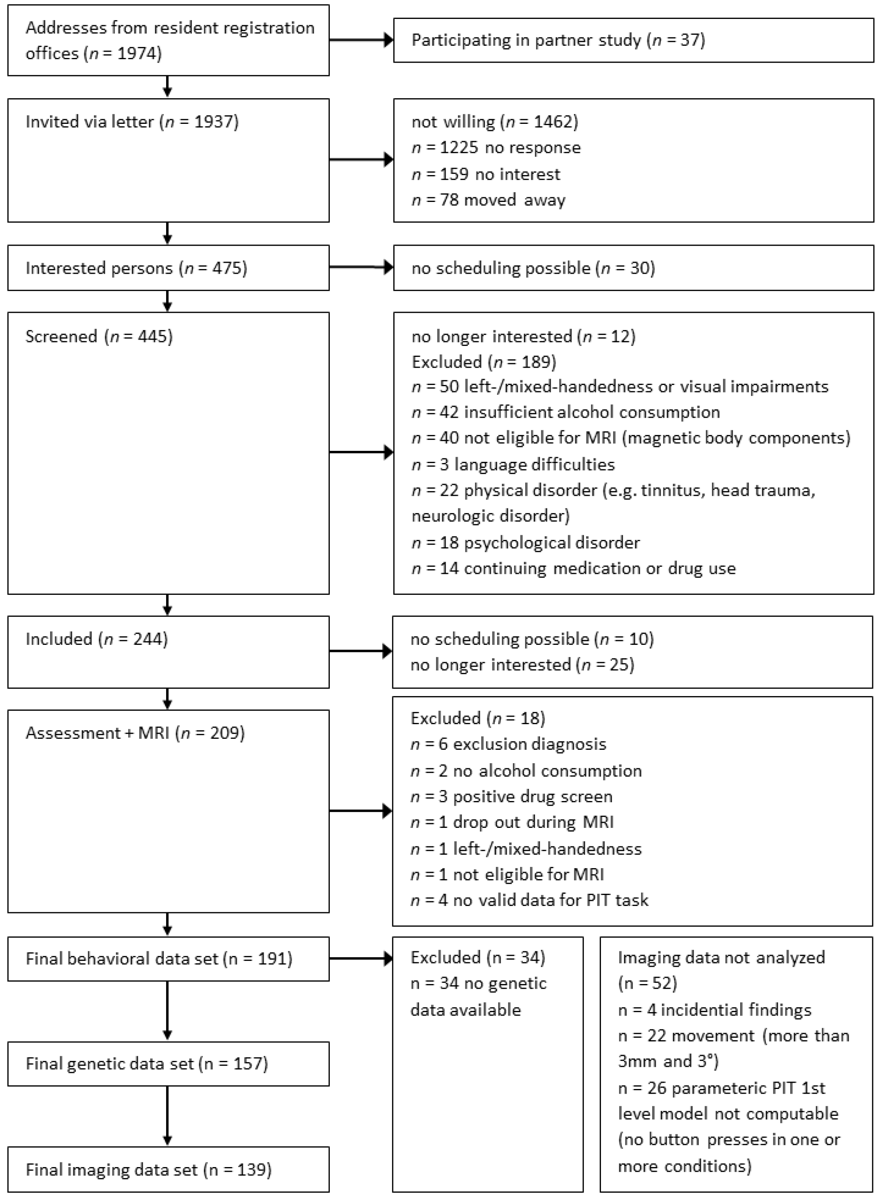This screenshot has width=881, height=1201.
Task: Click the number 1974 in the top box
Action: tap(136, 53)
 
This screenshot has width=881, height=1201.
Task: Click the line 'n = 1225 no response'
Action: tap(496, 148)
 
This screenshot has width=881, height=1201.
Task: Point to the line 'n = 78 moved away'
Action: tap(488, 200)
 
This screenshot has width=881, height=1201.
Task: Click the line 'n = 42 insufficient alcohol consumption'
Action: tap(565, 412)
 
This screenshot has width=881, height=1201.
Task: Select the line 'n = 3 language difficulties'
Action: tap(513, 464)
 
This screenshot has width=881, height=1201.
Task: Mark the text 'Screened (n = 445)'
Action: tap(99, 336)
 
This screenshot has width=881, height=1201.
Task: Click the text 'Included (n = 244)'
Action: tap(97, 639)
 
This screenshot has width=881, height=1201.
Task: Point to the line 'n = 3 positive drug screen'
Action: tap(511, 796)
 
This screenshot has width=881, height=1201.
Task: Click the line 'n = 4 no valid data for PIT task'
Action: tap(529, 900)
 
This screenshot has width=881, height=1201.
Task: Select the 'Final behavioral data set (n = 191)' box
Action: tap(168, 959)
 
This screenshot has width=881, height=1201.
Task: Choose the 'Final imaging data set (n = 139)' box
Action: tap(168, 1169)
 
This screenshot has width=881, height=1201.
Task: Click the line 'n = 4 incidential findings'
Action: tap(715, 1010)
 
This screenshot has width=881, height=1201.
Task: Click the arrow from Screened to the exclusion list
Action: tap(361, 452)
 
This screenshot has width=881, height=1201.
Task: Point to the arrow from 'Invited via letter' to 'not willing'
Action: tap(361, 159)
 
